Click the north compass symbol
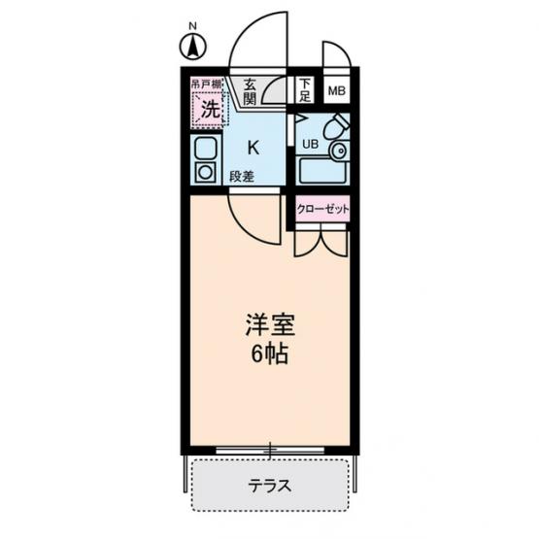pyautogui.click(x=193, y=47)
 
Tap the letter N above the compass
pyautogui.click(x=193, y=26)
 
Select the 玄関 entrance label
pyautogui.click(x=250, y=92)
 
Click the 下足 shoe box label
pyautogui.click(x=305, y=90)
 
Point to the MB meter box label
pyautogui.click(x=337, y=91)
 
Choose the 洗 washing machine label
pyautogui.click(x=211, y=110)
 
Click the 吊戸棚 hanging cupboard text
pyautogui.click(x=206, y=84)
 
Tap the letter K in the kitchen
pyautogui.click(x=253, y=149)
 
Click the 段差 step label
pyautogui.click(x=242, y=177)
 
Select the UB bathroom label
pyautogui.click(x=310, y=145)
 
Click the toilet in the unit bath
pyautogui.click(x=337, y=126)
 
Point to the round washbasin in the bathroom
pyautogui.click(x=339, y=150)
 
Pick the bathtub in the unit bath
pyautogui.click(x=323, y=171)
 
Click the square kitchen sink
pyautogui.click(x=206, y=149)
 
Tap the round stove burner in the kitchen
pyautogui.click(x=205, y=172)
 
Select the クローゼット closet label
pyautogui.click(x=322, y=209)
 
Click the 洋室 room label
pyautogui.click(x=270, y=324)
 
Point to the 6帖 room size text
pyautogui.click(x=270, y=354)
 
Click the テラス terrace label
pyautogui.click(x=270, y=486)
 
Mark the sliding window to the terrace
pyautogui.click(x=270, y=450)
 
